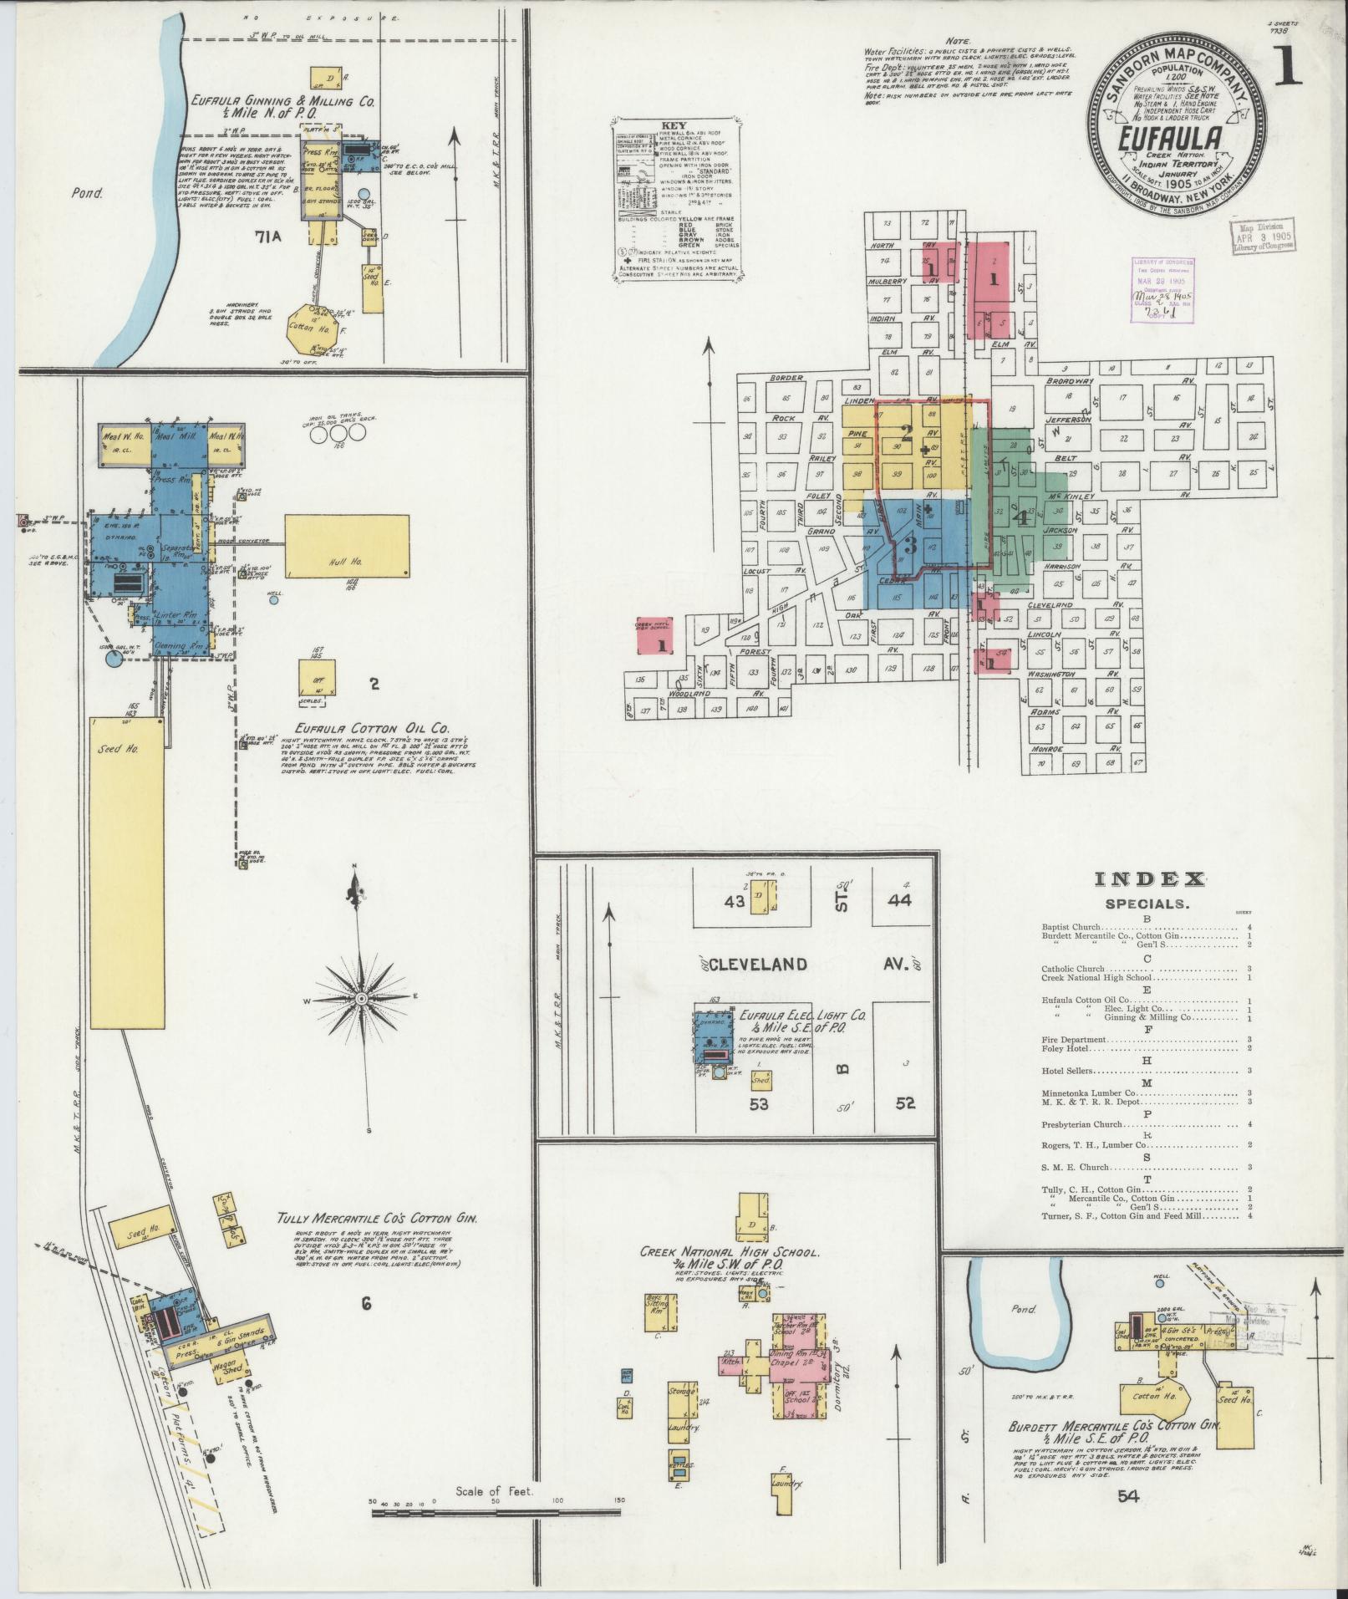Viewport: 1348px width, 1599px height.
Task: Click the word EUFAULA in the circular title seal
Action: click(x=1171, y=138)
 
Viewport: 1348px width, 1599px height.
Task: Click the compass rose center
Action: click(x=362, y=999)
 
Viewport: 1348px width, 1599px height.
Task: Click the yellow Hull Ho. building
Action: click(x=347, y=546)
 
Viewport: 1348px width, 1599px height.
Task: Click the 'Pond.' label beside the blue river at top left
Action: click(x=85, y=193)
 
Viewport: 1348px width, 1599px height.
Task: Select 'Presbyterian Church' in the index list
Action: click(x=1084, y=1123)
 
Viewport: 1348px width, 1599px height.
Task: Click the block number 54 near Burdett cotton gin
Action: click(x=1128, y=1496)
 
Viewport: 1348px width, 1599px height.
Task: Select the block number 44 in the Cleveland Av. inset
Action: click(x=899, y=901)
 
